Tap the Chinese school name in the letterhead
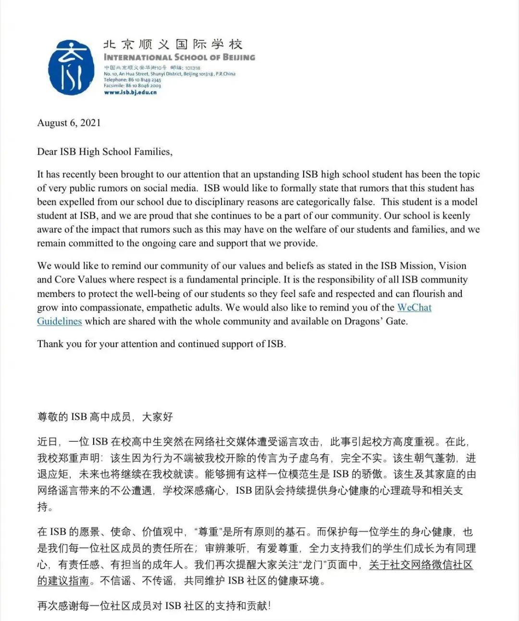pos(173,45)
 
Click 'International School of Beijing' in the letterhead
pos(179,57)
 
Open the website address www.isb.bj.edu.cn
pos(130,92)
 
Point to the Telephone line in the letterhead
pos(132,80)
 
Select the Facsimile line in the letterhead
pos(132,86)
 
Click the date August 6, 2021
pos(69,123)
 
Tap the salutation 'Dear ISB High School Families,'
pos(105,152)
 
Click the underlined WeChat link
pos(414,308)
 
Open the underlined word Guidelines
pos(60,321)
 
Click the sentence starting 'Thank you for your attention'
pos(161,344)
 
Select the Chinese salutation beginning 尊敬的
pos(105,417)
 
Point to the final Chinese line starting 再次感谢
pos(154,606)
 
